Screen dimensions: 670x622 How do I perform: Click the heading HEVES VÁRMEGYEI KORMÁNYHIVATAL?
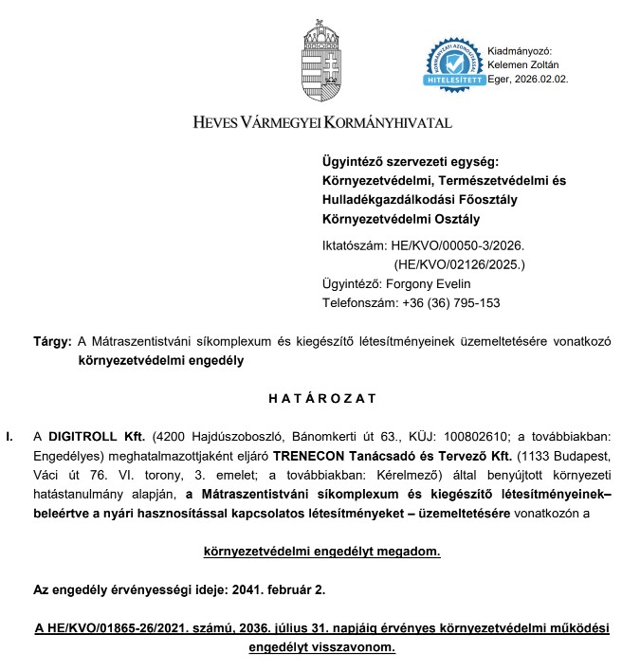pyautogui.click(x=322, y=122)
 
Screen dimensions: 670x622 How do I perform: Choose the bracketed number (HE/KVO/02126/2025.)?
pyautogui.click(x=459, y=264)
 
